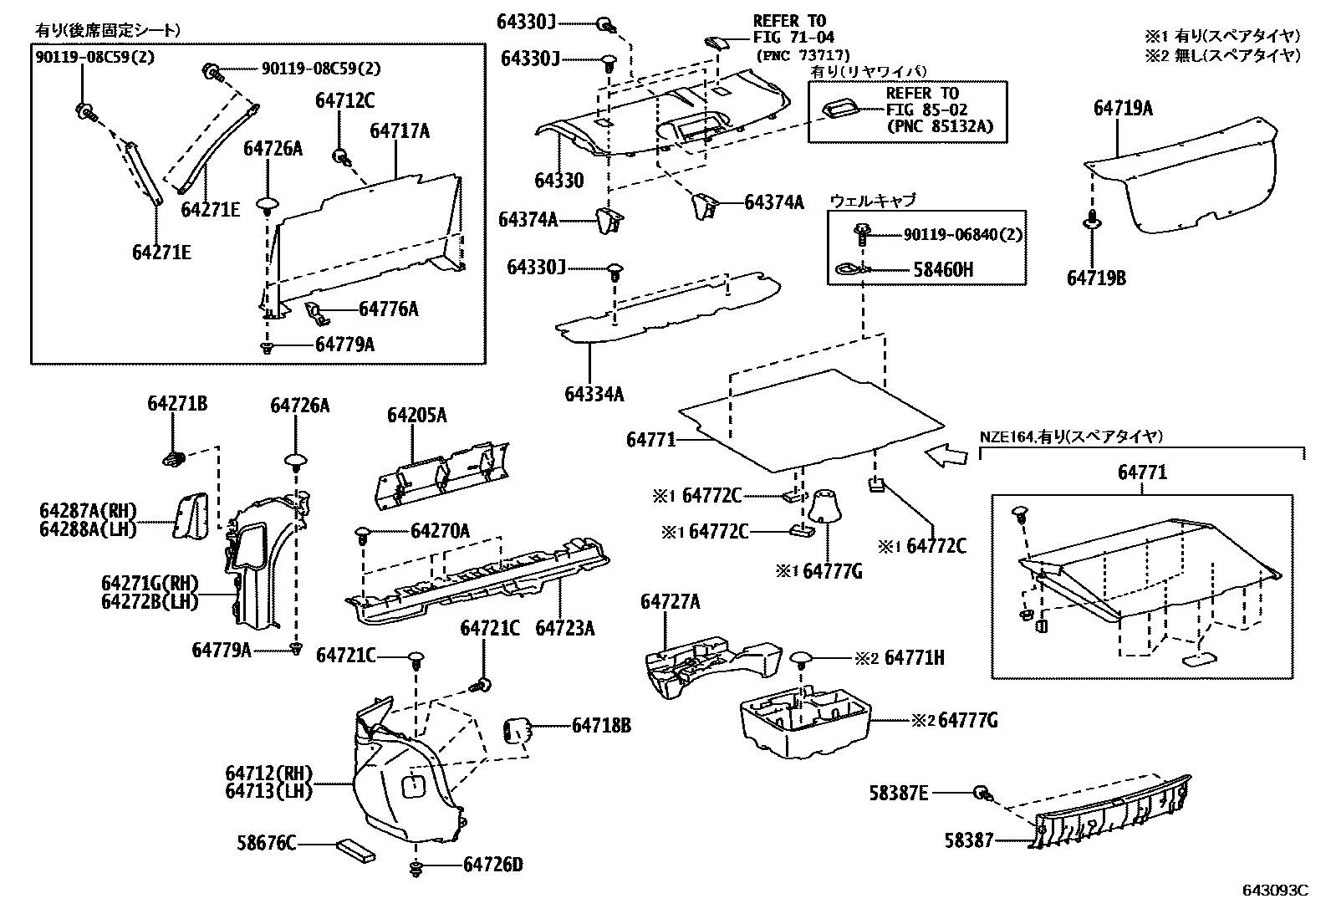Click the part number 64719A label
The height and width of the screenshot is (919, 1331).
(1123, 108)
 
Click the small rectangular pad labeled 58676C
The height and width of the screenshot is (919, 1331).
(355, 850)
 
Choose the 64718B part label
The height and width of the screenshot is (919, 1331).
(601, 726)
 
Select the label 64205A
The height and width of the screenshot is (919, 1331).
(416, 416)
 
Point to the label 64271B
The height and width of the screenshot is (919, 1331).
(177, 404)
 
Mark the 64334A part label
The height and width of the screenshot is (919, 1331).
(594, 393)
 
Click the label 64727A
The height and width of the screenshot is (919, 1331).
(671, 601)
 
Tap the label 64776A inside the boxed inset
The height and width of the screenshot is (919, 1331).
(388, 309)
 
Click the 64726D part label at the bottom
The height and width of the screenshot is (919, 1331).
(492, 865)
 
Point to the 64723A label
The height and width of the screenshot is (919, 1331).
(564, 627)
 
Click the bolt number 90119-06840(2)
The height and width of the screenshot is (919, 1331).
(962, 236)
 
